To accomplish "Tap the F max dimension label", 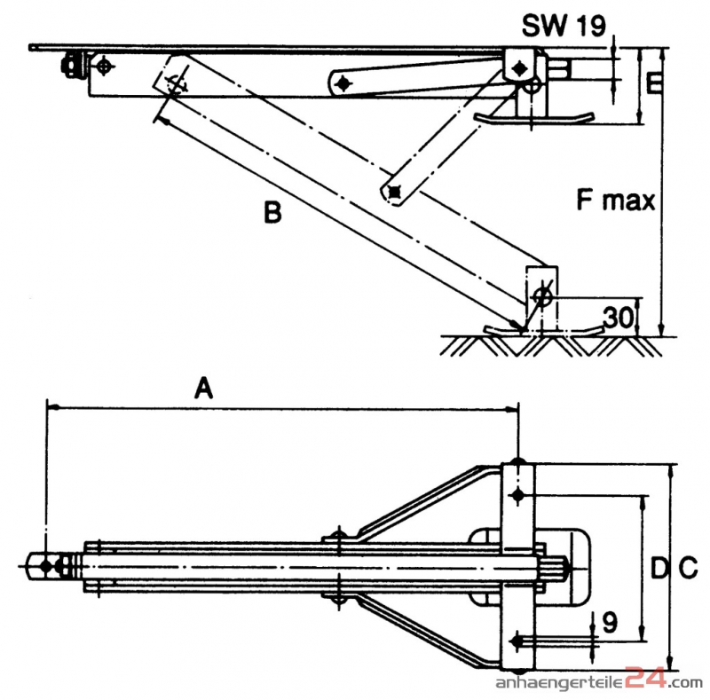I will point(616,201).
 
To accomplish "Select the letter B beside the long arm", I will point(272,212).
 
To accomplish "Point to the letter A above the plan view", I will point(205,387).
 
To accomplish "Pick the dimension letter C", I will point(687,566).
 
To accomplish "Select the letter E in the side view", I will point(655,84).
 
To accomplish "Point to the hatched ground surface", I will point(550,344).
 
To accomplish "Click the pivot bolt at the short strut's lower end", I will point(394,190).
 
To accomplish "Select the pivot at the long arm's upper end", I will point(175,85).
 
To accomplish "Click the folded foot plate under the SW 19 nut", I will point(532,116).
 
